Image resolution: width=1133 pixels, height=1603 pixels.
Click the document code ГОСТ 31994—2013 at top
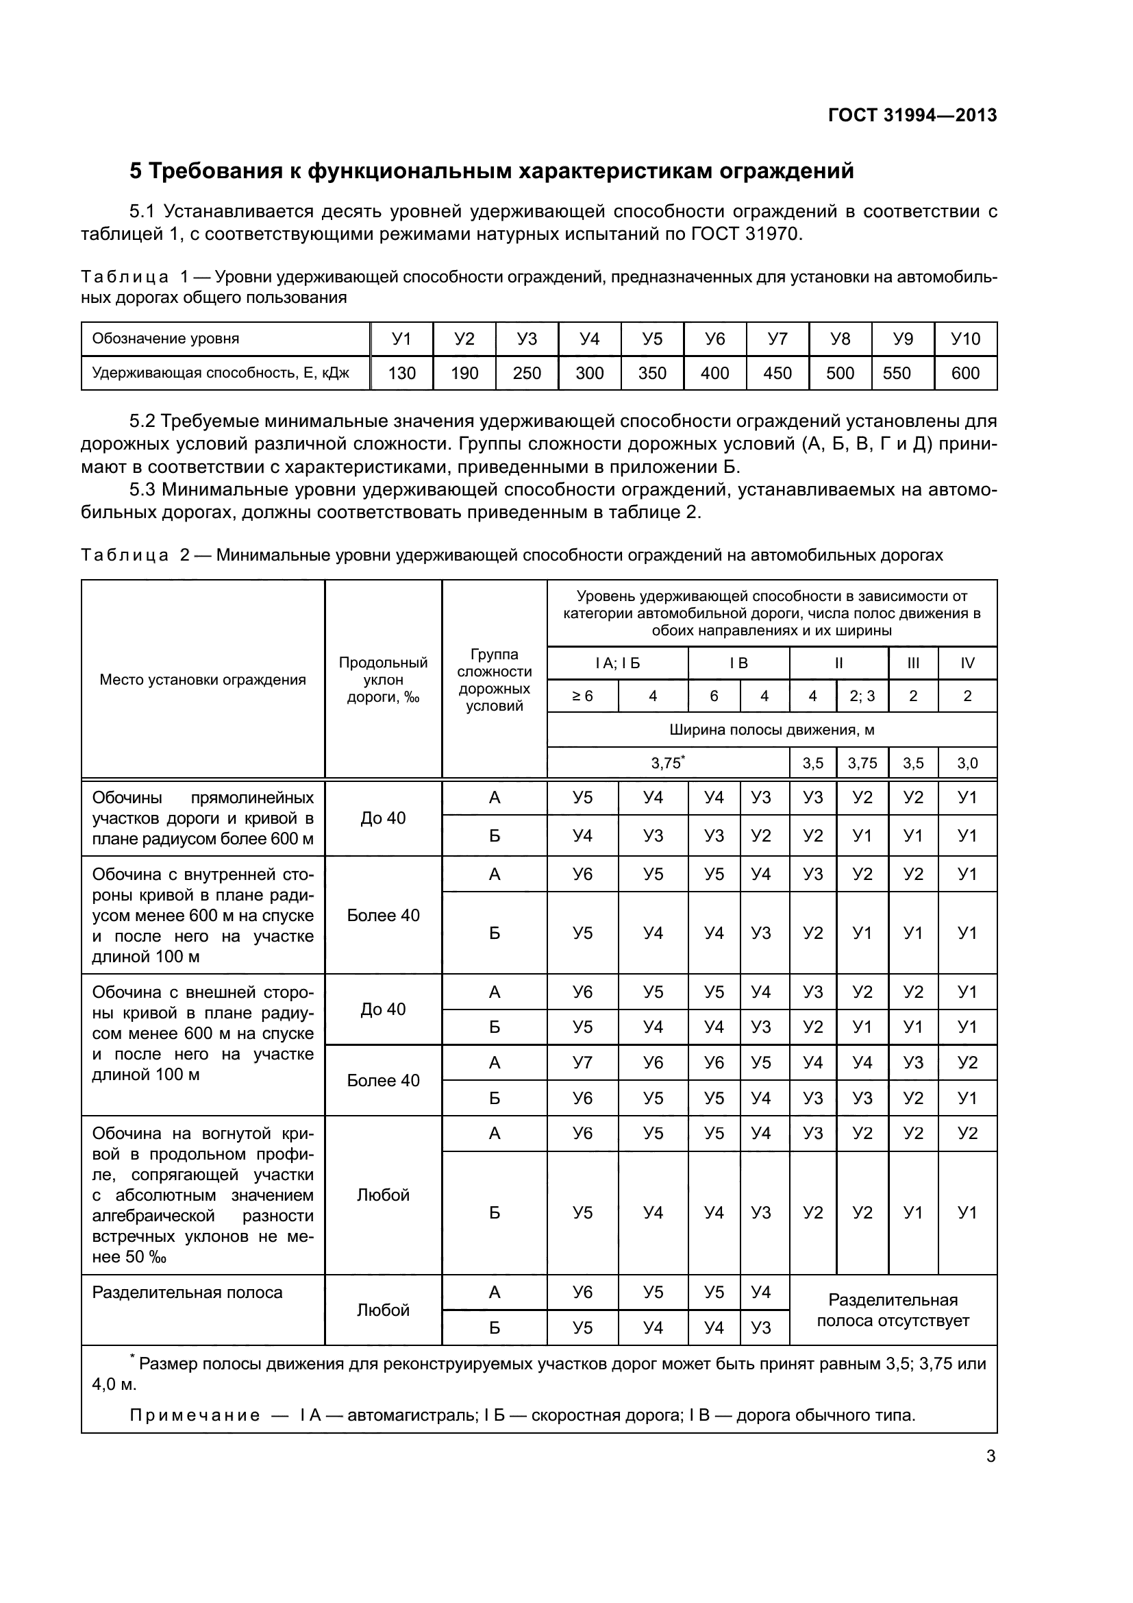[x=912, y=115]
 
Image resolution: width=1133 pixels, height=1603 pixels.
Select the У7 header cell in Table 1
[x=777, y=339]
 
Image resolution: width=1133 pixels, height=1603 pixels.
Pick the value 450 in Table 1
[x=777, y=374]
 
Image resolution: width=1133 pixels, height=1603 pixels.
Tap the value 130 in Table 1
[x=402, y=374]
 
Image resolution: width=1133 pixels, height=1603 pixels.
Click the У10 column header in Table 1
[x=966, y=339]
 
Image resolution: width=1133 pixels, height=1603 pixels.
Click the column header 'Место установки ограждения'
[x=202, y=680]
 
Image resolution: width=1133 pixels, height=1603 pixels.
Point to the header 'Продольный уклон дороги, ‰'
[x=383, y=680]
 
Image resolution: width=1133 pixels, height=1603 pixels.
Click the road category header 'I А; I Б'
[x=617, y=663]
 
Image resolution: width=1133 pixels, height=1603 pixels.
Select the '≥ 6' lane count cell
[x=582, y=696]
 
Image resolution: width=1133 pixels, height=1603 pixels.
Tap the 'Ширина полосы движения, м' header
[x=771, y=731]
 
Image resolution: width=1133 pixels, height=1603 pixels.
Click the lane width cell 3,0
[x=967, y=763]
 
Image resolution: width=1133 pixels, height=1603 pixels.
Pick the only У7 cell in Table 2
[x=582, y=1064]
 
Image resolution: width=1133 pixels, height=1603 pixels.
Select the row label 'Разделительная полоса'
[x=187, y=1293]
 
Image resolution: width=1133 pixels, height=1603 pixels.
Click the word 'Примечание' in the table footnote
[x=195, y=1415]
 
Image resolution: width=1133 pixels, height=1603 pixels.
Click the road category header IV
[x=967, y=663]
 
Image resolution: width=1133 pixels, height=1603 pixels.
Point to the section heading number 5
[x=136, y=171]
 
